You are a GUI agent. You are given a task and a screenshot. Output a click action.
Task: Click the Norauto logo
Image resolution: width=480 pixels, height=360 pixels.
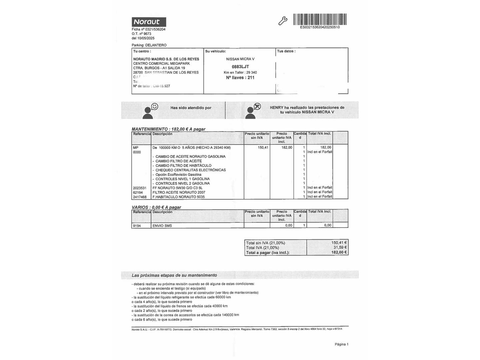(149, 22)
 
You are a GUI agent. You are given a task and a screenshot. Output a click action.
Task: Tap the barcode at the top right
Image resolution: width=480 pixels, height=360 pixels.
(320, 19)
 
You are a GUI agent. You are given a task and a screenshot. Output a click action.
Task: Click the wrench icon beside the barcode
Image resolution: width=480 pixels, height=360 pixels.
(283, 21)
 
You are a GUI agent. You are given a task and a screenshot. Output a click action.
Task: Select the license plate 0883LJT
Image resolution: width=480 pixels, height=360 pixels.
(240, 67)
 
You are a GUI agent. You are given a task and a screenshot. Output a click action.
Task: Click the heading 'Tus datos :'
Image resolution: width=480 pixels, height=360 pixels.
(286, 51)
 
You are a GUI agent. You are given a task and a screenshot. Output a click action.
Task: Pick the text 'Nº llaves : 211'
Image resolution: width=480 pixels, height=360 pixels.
(240, 78)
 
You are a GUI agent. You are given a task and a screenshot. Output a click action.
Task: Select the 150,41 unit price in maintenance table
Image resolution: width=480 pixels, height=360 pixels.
(263, 147)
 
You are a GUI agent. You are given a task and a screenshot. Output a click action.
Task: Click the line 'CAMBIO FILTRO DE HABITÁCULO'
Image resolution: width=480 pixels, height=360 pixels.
(183, 165)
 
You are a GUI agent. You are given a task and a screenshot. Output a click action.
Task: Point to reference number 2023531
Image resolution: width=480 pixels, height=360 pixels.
(140, 188)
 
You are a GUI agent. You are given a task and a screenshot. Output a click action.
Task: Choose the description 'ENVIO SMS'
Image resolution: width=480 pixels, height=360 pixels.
(162, 226)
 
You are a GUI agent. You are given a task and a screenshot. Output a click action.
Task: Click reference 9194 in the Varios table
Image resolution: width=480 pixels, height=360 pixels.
(137, 226)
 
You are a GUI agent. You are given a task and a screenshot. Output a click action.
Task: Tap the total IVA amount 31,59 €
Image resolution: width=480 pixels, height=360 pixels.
(340, 248)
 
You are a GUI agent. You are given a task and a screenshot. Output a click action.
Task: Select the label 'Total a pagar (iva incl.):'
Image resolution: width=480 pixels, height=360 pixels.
(268, 253)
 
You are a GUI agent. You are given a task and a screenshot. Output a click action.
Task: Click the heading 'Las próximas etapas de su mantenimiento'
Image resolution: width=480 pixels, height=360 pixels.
(174, 275)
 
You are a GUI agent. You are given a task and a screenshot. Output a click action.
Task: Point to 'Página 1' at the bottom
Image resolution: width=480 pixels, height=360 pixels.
(341, 344)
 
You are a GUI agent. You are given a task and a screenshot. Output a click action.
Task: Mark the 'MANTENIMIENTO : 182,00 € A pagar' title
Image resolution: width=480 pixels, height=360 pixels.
(168, 129)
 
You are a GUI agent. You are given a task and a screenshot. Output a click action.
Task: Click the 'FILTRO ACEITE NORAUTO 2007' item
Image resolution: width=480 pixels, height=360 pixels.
(179, 192)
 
